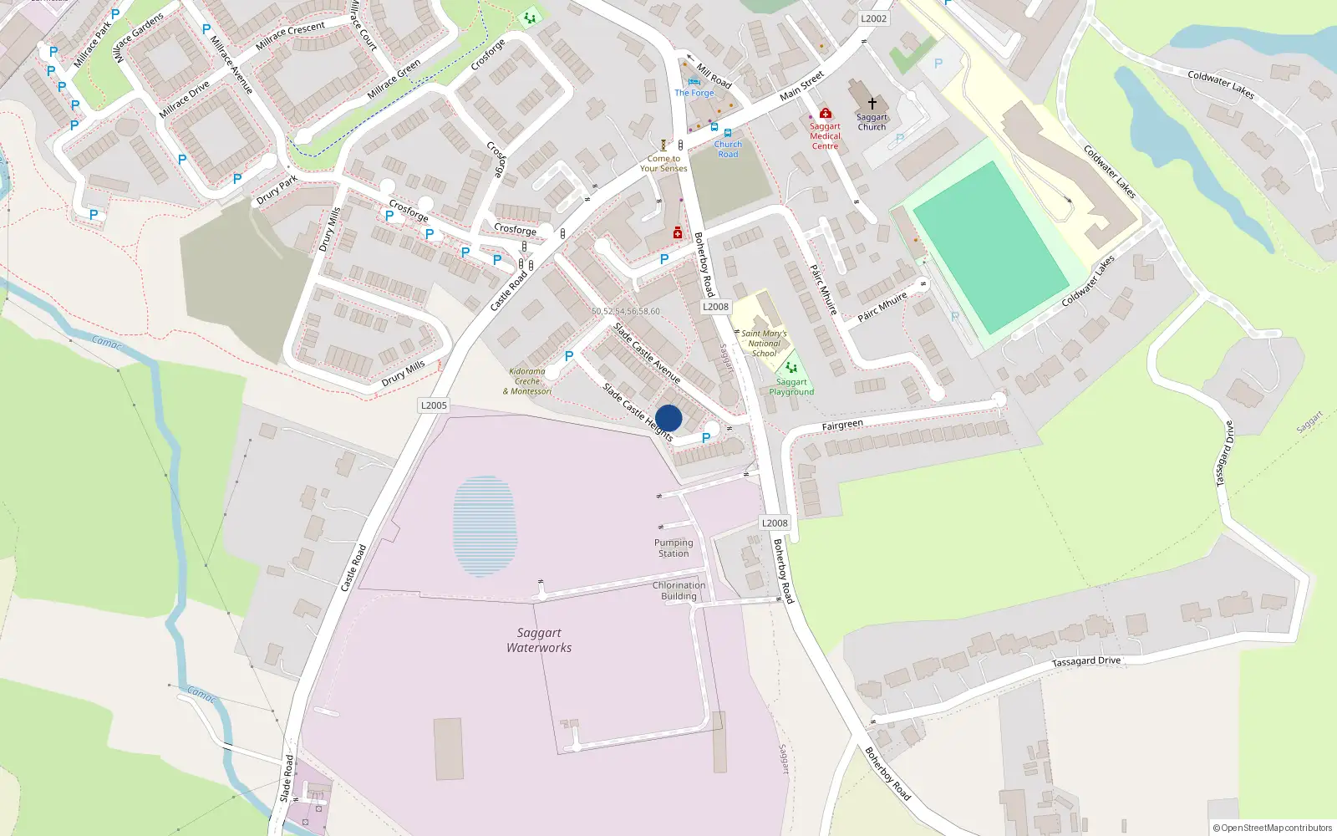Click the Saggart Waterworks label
[x=539, y=640]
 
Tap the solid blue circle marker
[x=668, y=418]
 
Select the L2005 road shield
[x=434, y=405]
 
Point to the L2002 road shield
[x=873, y=18]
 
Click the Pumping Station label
[x=674, y=548]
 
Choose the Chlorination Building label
[x=679, y=590]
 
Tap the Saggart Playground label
[x=791, y=387]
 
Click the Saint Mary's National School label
[x=764, y=343]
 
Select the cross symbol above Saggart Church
[x=872, y=103]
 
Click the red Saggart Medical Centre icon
[x=825, y=113]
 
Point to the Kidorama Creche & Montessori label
[x=527, y=381]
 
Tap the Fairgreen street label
[x=841, y=426]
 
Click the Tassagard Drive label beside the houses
[x=1086, y=661]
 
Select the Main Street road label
[x=801, y=86]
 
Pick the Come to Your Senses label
[x=663, y=163]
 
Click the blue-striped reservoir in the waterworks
[x=484, y=526]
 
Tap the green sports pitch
[x=989, y=247]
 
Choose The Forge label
[x=694, y=93]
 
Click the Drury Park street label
[x=277, y=191]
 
